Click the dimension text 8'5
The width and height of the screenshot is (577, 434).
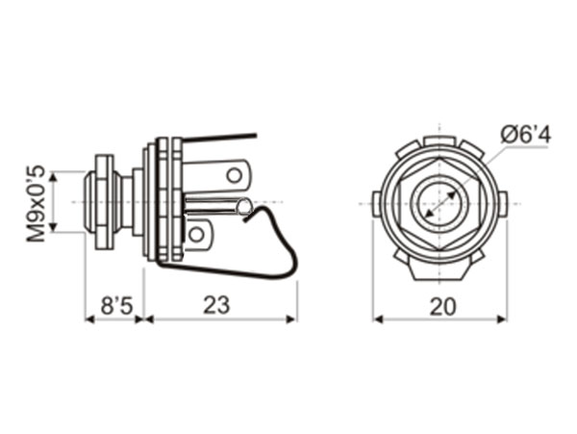coord(116,305)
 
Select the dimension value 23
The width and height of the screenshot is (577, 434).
coord(217,305)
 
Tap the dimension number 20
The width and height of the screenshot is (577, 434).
coord(440,305)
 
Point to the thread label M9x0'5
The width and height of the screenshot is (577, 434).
coord(37,202)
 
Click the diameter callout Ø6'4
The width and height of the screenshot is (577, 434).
coord(526,136)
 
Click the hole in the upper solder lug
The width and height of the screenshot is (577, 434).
coord(234,175)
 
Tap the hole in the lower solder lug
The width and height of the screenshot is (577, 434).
coord(196,233)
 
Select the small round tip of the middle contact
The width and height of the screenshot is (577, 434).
coord(244,207)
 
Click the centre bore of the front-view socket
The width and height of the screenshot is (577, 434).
coord(439,203)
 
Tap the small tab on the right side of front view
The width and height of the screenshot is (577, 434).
coord(502,203)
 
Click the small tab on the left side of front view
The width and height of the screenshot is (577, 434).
coord(377,203)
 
